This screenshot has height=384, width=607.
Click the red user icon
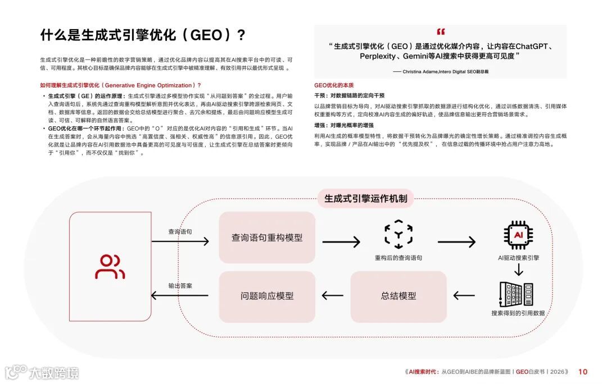coord(110,267)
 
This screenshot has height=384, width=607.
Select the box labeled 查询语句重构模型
coord(267,237)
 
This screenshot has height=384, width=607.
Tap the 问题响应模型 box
coord(267,295)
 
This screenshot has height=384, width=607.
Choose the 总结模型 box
coord(398,295)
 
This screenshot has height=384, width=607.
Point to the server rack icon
coord(518,294)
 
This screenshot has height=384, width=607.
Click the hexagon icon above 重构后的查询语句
coord(398,235)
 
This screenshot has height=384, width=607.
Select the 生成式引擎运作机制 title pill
coord(366,198)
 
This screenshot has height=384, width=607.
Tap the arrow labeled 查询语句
coord(180,241)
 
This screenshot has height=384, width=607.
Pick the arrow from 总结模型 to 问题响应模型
coord(333,295)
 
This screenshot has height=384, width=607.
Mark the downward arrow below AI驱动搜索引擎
coord(518,269)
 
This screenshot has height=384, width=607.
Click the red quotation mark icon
coord(440,32)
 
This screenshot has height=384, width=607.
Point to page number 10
coord(583,372)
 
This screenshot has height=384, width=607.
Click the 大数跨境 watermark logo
coord(42,372)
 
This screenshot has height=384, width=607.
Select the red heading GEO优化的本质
coord(334,85)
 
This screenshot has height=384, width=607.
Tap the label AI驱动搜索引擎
coord(518,258)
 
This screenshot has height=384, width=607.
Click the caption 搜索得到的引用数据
coord(518,313)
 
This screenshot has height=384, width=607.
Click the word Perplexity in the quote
coord(380,57)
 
